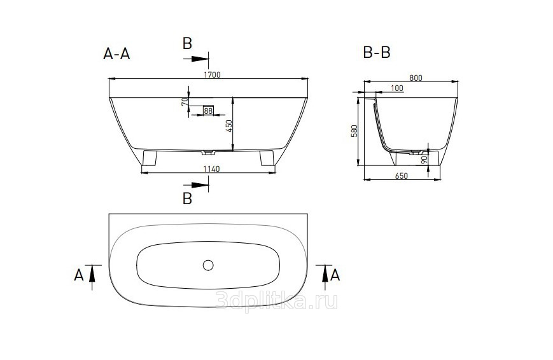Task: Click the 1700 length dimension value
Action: (212, 75)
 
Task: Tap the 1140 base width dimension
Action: (211, 169)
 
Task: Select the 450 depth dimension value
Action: (229, 126)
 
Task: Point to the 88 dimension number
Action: (208, 111)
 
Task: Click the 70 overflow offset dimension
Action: (185, 102)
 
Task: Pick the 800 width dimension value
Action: (416, 78)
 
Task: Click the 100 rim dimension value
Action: (397, 88)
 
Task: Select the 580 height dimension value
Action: (354, 131)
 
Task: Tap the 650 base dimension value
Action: (402, 176)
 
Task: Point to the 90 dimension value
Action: (424, 160)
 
